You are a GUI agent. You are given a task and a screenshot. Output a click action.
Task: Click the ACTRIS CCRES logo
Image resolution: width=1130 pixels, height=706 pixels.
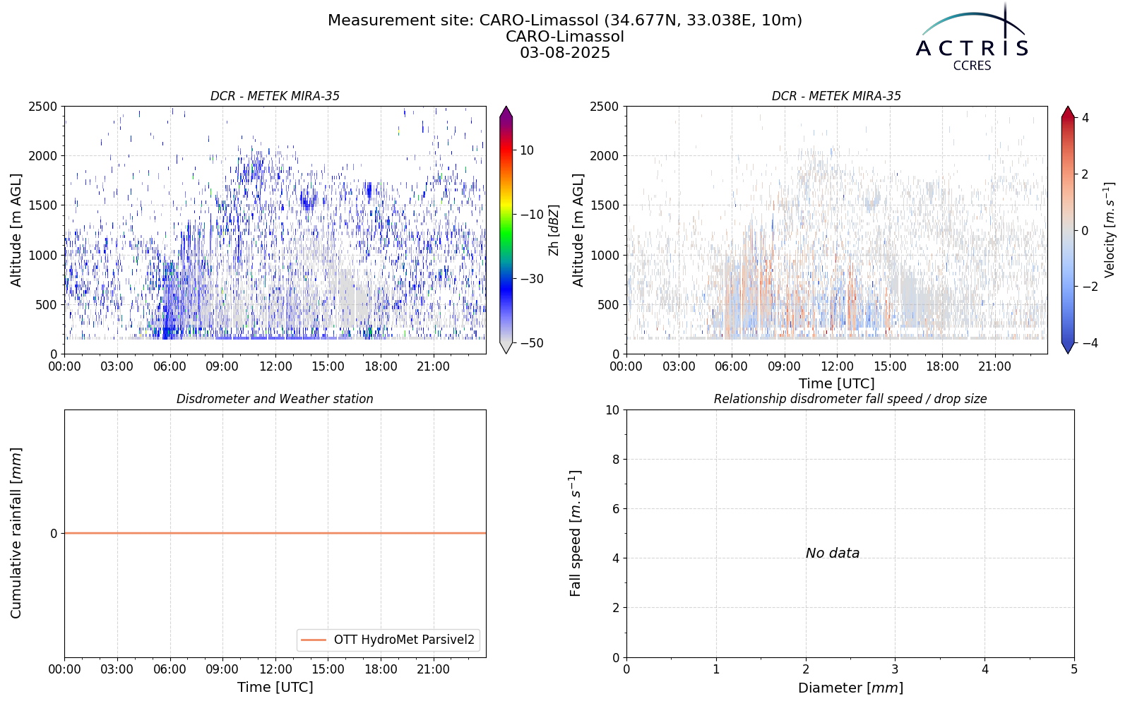[x=972, y=38]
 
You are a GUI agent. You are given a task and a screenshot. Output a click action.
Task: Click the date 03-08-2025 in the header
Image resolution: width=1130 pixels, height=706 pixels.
[x=565, y=53]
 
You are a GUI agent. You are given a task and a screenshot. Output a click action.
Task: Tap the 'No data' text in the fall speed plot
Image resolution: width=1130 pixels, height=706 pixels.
[x=833, y=554]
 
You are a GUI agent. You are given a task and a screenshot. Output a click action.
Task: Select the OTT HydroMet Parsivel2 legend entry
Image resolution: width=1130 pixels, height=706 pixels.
[x=388, y=640]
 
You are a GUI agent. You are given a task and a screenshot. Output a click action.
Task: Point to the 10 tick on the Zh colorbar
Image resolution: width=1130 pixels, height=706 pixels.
[x=527, y=150]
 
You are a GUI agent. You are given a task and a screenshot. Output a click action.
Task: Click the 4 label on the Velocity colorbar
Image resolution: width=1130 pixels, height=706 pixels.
[x=1086, y=117]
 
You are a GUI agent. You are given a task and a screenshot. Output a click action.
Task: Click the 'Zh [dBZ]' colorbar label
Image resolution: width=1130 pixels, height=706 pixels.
[x=554, y=230]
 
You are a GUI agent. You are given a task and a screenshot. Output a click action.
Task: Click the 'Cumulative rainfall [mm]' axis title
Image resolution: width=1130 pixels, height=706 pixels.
[x=16, y=533]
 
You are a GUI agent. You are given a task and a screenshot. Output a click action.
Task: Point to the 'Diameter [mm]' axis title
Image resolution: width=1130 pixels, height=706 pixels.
[x=850, y=688]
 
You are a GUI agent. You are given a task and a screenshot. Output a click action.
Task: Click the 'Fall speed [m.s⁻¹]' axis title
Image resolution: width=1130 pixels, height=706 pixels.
[x=576, y=534]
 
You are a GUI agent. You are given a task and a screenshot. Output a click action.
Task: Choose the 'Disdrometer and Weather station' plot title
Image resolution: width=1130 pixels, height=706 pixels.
[x=275, y=399]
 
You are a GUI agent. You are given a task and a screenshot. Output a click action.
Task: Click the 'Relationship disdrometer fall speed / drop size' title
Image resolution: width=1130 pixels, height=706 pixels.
[x=850, y=399]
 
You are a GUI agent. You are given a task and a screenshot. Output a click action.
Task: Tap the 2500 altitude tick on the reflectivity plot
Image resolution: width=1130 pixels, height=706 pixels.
[x=44, y=107]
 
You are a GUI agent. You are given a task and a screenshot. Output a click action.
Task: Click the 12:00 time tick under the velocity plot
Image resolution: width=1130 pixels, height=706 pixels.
[x=837, y=366]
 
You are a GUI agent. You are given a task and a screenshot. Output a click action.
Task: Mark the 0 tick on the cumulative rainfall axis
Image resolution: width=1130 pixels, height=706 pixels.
[x=54, y=534]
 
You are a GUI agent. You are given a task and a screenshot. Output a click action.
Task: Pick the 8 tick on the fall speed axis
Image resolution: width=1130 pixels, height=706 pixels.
[x=615, y=460]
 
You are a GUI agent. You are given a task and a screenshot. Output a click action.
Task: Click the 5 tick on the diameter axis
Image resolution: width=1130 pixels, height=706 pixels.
[x=1074, y=669]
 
